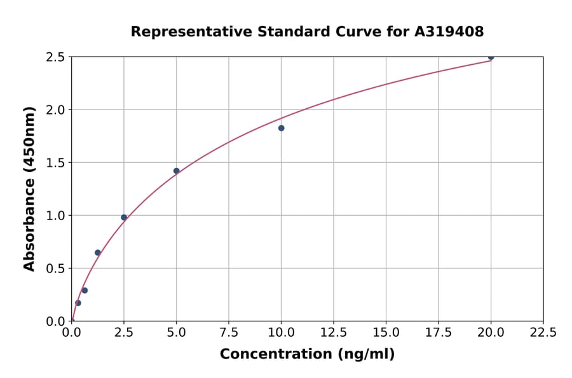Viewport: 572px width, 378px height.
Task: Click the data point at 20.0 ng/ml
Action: (x=491, y=57)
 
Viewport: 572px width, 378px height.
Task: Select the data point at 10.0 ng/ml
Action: (x=281, y=128)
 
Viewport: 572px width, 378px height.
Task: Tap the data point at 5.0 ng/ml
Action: (x=176, y=171)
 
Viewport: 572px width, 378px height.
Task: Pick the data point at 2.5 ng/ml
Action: (x=124, y=217)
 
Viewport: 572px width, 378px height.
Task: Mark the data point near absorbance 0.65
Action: (x=98, y=253)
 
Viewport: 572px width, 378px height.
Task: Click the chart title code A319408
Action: (x=449, y=31)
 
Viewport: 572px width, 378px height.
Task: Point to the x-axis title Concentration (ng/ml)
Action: (x=307, y=354)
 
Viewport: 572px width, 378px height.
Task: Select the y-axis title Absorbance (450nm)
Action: (x=29, y=188)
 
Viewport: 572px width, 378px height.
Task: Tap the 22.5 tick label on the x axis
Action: (x=543, y=332)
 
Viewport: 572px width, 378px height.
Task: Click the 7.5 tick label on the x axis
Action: (x=229, y=332)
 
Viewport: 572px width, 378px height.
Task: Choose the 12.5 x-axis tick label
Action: (x=334, y=332)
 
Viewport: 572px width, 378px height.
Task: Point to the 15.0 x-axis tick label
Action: (x=386, y=332)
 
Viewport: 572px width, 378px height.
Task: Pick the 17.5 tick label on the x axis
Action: (x=439, y=332)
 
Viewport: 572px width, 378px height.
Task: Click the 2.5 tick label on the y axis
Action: (x=56, y=57)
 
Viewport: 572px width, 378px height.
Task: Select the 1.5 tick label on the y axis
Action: (x=56, y=163)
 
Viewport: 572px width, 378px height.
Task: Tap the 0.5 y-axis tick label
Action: (x=56, y=269)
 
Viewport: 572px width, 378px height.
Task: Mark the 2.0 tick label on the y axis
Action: (x=56, y=110)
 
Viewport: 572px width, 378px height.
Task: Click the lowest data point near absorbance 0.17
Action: (x=78, y=303)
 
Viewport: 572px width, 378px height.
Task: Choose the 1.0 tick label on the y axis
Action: (x=56, y=216)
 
